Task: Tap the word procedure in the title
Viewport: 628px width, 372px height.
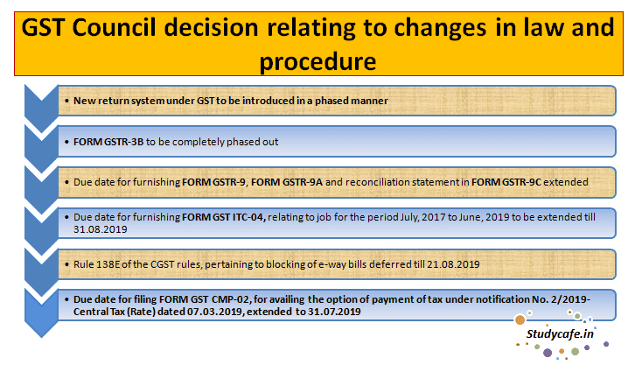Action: tap(313, 63)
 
